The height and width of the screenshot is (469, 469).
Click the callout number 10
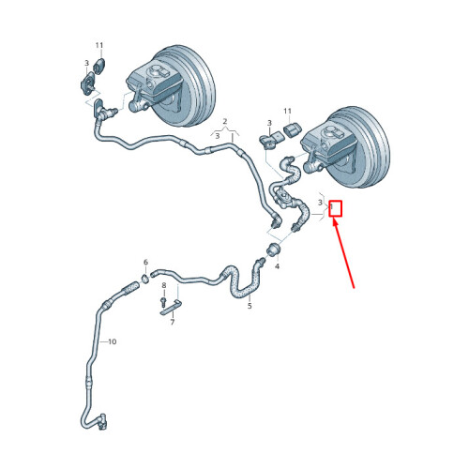point(112,341)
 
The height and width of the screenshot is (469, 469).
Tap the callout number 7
point(173,322)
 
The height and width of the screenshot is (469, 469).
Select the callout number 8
point(164,285)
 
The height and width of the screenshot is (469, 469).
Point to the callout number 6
point(145,263)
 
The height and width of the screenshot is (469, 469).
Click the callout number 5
point(250,306)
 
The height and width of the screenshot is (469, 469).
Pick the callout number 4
point(277,266)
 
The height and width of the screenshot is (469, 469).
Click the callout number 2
point(225,121)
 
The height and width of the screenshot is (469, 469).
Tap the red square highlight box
point(336,209)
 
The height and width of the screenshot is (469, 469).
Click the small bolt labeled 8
point(163,302)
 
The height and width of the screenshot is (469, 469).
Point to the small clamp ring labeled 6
point(145,279)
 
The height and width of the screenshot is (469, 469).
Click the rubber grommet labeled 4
point(274,249)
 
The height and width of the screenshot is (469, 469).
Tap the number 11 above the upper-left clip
point(99,46)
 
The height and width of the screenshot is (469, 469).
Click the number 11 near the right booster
point(287,111)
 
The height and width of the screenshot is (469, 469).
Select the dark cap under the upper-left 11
point(99,66)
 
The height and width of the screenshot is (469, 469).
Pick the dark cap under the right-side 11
point(292,129)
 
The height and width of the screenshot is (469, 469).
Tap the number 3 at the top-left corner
point(87,64)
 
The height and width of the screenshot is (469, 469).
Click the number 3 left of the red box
point(320,203)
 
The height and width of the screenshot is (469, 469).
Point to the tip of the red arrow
point(333,219)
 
